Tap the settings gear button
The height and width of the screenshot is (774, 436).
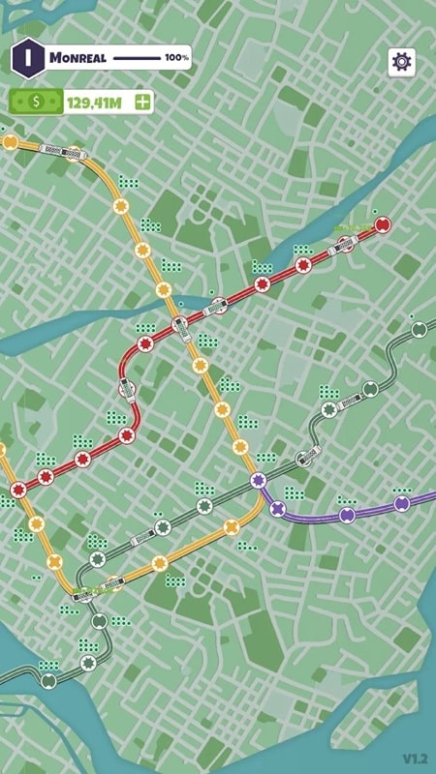point(401,61)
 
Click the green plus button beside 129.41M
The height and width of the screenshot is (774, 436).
point(143,101)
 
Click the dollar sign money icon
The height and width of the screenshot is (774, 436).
point(36,101)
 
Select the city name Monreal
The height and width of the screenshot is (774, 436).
point(78,58)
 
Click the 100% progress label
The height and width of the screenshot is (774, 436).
point(176,58)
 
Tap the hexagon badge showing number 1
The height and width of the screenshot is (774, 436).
point(28,57)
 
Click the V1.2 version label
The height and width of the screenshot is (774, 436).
point(416,757)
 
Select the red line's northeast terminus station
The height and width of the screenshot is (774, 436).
point(382,225)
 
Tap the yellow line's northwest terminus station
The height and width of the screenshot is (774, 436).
point(11,142)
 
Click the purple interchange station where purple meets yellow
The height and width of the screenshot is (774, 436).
point(258,480)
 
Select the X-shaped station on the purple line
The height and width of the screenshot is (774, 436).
point(279,508)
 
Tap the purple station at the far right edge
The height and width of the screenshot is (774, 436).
point(402,503)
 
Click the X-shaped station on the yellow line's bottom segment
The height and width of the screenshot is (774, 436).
point(231,528)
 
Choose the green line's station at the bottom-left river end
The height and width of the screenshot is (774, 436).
point(48,680)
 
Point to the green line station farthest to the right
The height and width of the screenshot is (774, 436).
point(419,330)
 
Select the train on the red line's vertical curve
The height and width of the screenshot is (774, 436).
point(126,390)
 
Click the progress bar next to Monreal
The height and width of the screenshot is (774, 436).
point(136,58)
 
